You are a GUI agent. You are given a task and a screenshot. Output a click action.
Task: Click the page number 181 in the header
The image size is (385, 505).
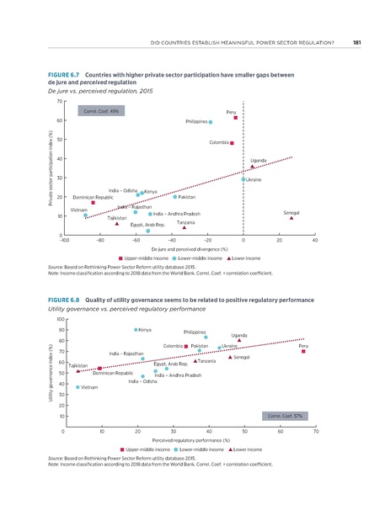pyautogui.click(x=357, y=43)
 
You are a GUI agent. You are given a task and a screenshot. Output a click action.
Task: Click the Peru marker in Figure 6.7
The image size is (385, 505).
pyautogui.click(x=236, y=118)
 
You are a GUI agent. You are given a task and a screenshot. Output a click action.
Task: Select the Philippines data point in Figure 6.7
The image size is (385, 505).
pyautogui.click(x=211, y=122)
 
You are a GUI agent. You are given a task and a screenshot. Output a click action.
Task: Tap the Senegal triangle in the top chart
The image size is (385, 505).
pyautogui.click(x=291, y=218)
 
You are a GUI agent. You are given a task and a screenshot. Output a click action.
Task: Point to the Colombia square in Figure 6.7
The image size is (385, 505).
pyautogui.click(x=232, y=143)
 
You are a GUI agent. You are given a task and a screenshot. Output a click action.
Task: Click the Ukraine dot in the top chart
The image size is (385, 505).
pyautogui.click(x=243, y=179)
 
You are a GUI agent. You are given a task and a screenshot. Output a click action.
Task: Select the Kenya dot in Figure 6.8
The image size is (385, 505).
pyautogui.click(x=136, y=306)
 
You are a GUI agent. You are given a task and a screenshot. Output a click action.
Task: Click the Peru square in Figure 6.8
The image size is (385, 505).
pyautogui.click(x=303, y=328)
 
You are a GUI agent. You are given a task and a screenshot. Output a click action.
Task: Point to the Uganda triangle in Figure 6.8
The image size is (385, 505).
pyautogui.click(x=238, y=317)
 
